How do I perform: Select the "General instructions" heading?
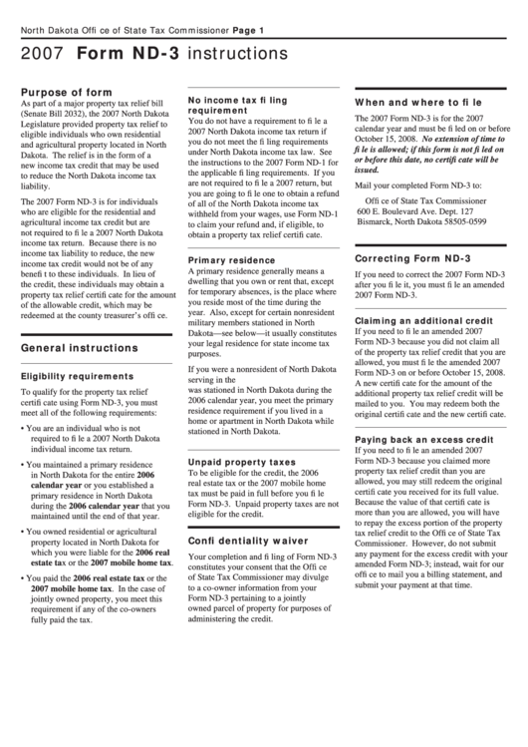pyautogui.click(x=80, y=347)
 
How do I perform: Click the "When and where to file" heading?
pyautogui.click(x=417, y=103)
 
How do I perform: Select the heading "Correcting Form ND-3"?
pyautogui.click(x=412, y=258)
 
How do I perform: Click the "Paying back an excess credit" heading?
pyautogui.click(x=423, y=439)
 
